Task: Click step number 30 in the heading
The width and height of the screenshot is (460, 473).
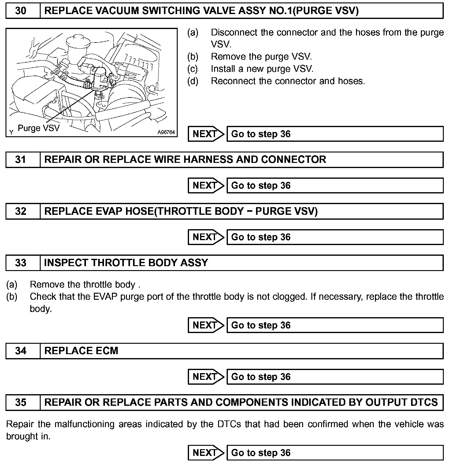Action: (x=20, y=11)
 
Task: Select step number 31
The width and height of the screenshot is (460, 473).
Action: (x=20, y=159)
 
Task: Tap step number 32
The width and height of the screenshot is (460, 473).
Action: (x=20, y=211)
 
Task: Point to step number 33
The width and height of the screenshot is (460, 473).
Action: (x=20, y=263)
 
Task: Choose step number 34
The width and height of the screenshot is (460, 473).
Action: (x=20, y=351)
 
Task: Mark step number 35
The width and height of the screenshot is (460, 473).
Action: (x=20, y=402)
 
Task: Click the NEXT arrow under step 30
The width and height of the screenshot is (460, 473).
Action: (x=206, y=134)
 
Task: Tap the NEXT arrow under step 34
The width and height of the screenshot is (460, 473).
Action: (x=206, y=377)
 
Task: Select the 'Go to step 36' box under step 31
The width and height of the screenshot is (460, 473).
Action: (x=335, y=185)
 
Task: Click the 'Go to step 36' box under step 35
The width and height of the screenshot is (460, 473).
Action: (x=335, y=453)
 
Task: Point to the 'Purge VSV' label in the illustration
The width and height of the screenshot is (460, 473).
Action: (x=39, y=128)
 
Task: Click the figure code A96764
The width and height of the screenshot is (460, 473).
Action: (x=166, y=132)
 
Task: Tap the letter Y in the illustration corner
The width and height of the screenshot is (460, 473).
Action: (x=11, y=132)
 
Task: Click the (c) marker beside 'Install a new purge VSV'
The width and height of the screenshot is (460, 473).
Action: (x=193, y=69)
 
